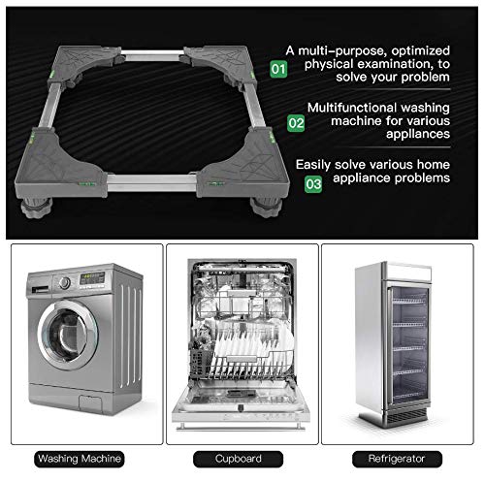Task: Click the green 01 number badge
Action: pos(278,69)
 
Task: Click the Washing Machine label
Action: pos(81,458)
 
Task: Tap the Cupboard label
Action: pos(242,458)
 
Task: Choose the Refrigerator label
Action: pos(402,458)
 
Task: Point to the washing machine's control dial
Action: pos(64,283)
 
